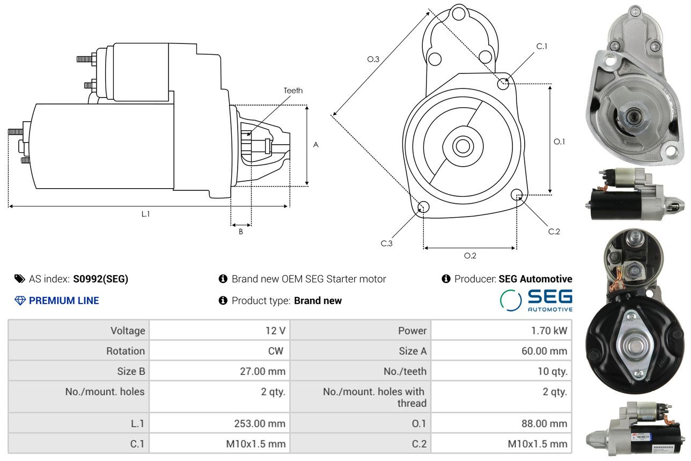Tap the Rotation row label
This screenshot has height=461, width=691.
pyautogui.click(x=125, y=351)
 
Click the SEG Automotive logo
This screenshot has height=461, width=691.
pyautogui.click(x=536, y=300)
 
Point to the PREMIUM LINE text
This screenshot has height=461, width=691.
pyautogui.click(x=64, y=300)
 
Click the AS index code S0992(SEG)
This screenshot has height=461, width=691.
pyautogui.click(x=100, y=279)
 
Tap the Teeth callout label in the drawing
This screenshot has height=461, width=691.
pyautogui.click(x=293, y=91)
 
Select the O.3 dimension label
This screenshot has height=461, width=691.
pyautogui.click(x=373, y=59)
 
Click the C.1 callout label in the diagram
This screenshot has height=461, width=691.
pyautogui.click(x=542, y=46)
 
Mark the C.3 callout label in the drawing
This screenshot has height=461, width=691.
pyautogui.click(x=386, y=243)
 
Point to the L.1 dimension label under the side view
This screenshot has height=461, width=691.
pyautogui.click(x=145, y=214)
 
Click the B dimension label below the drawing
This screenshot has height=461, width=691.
pyautogui.click(x=240, y=232)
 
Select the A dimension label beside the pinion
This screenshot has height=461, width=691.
pyautogui.click(x=315, y=145)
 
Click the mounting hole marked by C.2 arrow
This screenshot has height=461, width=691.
pyautogui.click(x=517, y=195)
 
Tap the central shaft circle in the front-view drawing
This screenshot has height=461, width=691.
pyautogui.click(x=462, y=146)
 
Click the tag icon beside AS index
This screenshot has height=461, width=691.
pyautogui.click(x=20, y=279)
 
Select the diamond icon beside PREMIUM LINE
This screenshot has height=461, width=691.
pyautogui.click(x=20, y=300)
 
